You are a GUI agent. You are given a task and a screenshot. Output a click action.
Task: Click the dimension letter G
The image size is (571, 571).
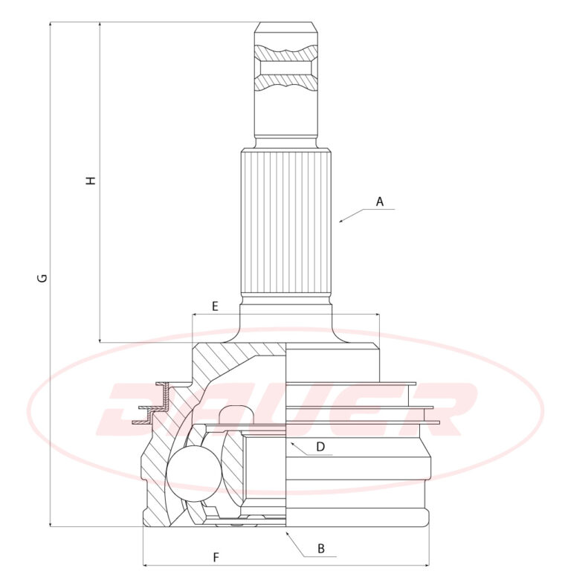tap(43, 278)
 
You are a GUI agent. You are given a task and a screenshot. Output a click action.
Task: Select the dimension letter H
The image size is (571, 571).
tap(90, 180)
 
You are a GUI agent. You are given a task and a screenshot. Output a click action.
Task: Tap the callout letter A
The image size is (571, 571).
tap(380, 201)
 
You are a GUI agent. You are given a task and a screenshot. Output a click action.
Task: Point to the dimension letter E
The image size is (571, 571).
tap(215, 306)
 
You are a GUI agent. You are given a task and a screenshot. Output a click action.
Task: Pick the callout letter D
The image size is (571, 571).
tap(320, 446)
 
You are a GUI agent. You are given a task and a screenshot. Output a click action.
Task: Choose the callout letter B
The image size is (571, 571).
tap(321, 549)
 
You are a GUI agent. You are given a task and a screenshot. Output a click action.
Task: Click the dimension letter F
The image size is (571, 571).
tap(216, 557)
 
